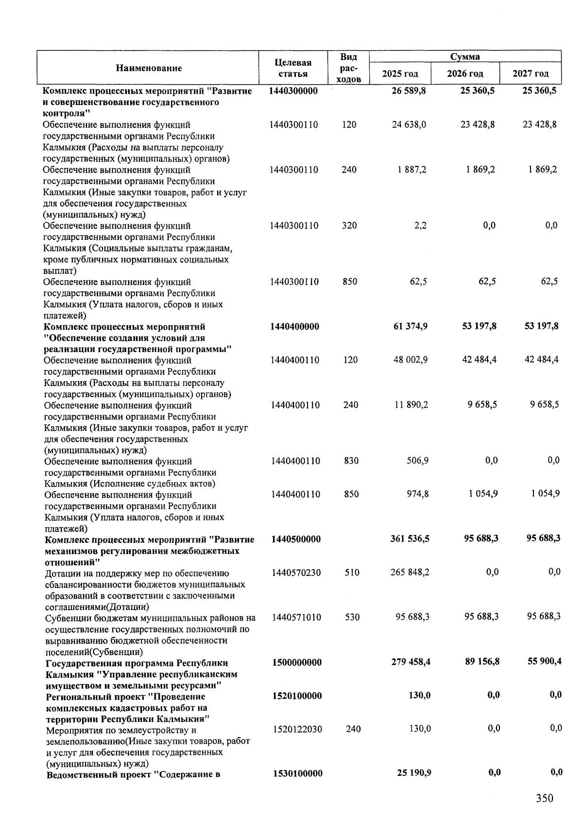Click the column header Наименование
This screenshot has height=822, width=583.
click(149, 68)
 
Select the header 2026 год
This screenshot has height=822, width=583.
click(465, 74)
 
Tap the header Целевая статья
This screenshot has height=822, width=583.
click(292, 68)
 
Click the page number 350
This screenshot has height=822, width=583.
click(545, 798)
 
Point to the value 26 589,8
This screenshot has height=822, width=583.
click(409, 91)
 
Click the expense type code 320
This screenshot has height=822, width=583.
click(349, 226)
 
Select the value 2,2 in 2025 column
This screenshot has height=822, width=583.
click(420, 226)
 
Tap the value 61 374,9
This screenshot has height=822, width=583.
click(410, 326)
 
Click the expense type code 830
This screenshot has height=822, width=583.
click(351, 461)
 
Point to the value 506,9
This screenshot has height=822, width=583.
click(417, 461)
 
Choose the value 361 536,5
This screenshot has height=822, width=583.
click(410, 539)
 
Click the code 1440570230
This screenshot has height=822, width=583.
click(296, 573)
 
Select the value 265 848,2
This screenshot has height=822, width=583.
click(410, 572)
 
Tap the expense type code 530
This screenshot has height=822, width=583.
click(352, 618)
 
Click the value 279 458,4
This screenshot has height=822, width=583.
click(411, 663)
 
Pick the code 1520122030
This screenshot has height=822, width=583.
click(297, 729)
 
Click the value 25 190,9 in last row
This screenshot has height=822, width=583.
click(414, 773)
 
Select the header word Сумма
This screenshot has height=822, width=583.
click(464, 57)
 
